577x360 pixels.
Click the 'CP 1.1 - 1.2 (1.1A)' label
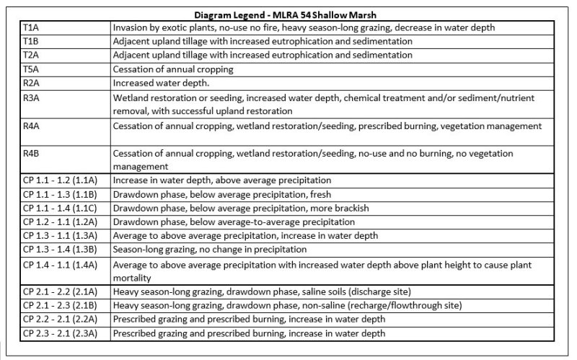pos(64,180)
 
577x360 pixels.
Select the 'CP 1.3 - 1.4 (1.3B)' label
pos(64,250)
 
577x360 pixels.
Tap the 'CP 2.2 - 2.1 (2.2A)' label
pos(64,319)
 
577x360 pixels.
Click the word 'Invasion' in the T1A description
pos(130,27)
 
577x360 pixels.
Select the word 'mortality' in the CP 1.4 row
pos(131,277)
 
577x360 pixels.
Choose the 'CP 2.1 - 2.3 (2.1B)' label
pos(64,305)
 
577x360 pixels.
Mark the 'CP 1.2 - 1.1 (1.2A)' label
pos(64,221)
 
